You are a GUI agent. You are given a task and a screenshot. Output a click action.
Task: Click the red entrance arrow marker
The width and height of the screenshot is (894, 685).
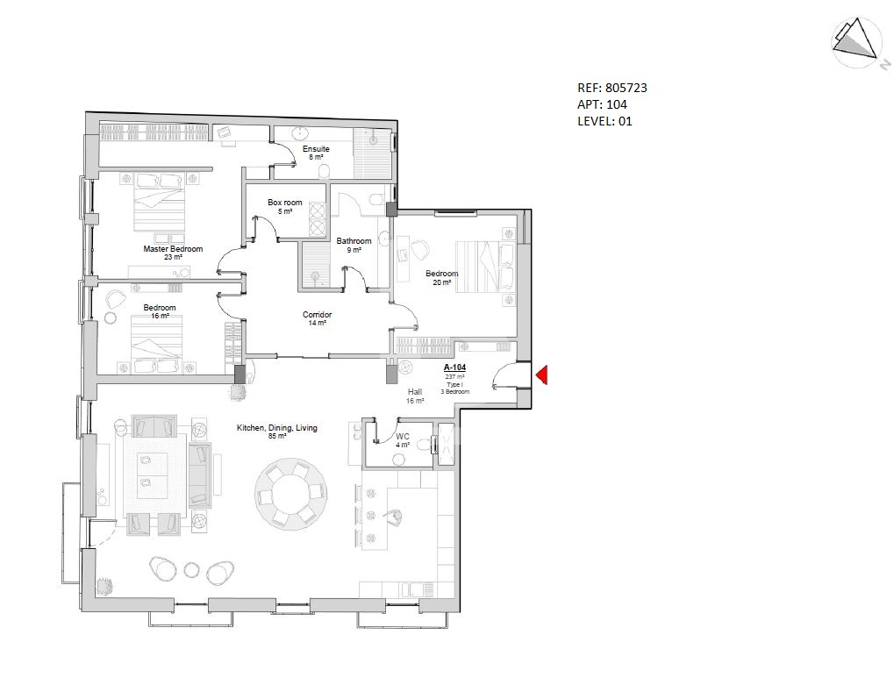tap(542, 375)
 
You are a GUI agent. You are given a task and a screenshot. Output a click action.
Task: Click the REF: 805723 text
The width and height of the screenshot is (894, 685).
tap(612, 88)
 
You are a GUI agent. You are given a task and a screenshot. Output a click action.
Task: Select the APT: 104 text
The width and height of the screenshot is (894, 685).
tap(602, 104)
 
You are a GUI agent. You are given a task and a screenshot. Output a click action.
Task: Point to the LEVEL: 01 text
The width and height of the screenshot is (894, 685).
tap(605, 121)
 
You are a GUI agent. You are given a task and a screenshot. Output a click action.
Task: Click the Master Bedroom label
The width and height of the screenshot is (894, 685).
tap(173, 249)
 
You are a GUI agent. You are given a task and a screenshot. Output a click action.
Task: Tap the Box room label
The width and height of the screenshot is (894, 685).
tap(285, 203)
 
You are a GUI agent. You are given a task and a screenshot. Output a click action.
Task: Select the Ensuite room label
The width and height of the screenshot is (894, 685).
tap(316, 149)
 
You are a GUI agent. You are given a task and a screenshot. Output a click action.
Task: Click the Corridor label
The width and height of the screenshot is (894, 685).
tap(317, 315)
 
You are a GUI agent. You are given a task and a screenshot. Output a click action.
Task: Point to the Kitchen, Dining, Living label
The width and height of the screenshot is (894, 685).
tap(277, 427)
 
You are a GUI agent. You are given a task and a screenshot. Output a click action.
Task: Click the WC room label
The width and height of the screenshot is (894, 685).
tap(403, 437)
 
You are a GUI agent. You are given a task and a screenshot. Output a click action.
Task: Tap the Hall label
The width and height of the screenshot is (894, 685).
tap(415, 392)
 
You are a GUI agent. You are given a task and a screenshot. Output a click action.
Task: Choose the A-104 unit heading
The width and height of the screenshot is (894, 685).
tap(455, 367)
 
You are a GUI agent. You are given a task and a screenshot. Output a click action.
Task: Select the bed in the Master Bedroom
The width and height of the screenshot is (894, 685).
tap(161, 203)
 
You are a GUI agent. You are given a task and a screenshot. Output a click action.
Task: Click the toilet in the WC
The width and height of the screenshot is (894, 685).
tap(422, 444)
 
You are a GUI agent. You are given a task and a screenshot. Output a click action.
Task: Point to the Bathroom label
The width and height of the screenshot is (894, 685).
tap(354, 241)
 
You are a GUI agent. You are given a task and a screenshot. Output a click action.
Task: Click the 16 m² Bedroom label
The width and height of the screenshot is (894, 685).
tap(160, 308)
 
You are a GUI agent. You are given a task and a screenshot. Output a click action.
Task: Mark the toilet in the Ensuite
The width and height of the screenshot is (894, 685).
tap(324, 172)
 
